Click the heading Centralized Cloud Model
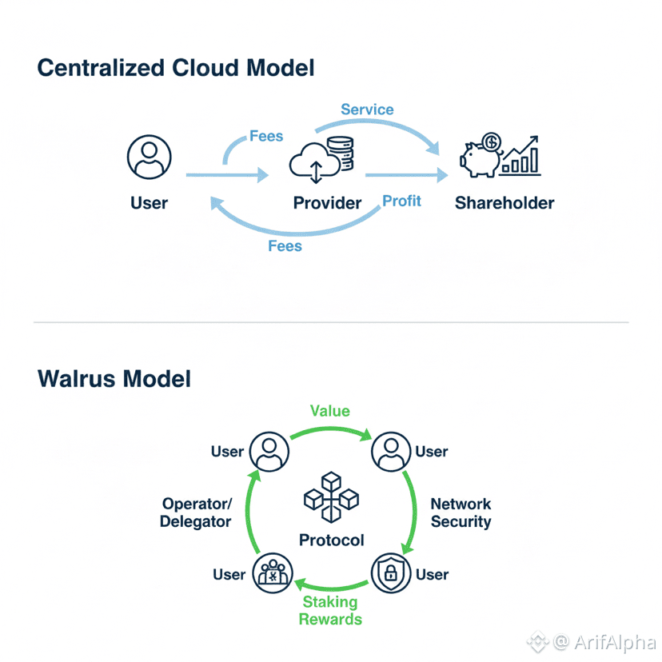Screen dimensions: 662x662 (x=176, y=68)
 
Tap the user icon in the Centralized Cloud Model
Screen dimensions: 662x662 (x=150, y=158)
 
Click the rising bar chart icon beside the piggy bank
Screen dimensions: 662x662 (x=520, y=157)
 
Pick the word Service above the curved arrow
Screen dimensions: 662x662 (x=367, y=110)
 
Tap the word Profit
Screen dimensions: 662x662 (x=401, y=201)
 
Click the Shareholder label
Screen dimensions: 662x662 (x=504, y=203)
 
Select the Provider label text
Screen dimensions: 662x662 (x=328, y=203)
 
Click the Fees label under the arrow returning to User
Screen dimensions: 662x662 (x=285, y=245)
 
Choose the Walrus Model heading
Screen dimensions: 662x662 (x=114, y=377)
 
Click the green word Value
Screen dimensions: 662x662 (x=330, y=410)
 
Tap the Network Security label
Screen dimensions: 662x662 (x=461, y=512)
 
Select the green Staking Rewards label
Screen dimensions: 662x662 (x=330, y=611)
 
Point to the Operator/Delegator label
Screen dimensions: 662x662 (x=196, y=512)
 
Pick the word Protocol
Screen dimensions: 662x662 (x=331, y=540)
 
